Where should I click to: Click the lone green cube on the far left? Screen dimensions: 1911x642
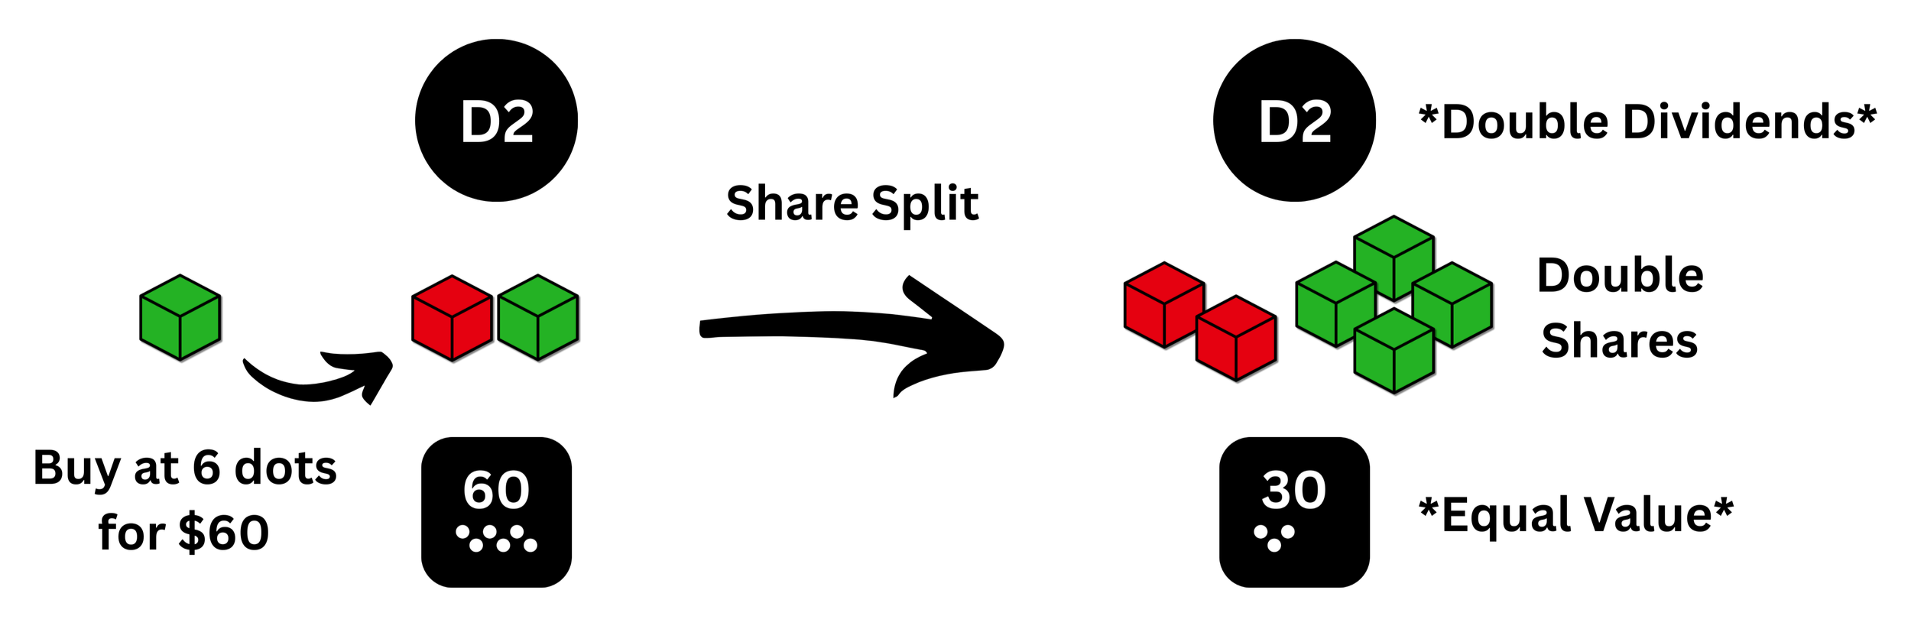pyautogui.click(x=180, y=317)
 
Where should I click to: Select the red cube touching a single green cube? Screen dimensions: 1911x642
pyautogui.click(x=452, y=317)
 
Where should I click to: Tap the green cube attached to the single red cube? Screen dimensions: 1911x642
pyautogui.click(x=537, y=317)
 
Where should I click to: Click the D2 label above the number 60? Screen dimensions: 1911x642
pyautogui.click(x=497, y=122)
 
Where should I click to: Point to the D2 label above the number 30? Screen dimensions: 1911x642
pyautogui.click(x=1296, y=122)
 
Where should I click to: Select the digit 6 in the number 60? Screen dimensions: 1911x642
pyautogui.click(x=479, y=490)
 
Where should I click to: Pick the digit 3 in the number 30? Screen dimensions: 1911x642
pyautogui.click(x=1276, y=490)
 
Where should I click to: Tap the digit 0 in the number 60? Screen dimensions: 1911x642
pyautogui.click(x=513, y=490)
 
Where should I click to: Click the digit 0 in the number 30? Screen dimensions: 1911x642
pyautogui.click(x=1310, y=490)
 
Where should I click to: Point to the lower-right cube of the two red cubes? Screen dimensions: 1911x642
pyautogui.click(x=1235, y=338)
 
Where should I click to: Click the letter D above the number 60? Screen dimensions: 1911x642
pyautogui.click(x=480, y=122)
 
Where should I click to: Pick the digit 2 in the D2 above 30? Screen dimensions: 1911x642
pyautogui.click(x=1316, y=122)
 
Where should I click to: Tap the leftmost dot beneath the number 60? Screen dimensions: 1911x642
pyautogui.click(x=462, y=531)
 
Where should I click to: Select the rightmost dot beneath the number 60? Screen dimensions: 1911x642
pyautogui.click(x=530, y=545)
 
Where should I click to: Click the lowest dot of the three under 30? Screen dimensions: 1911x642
pyautogui.click(x=1274, y=545)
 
